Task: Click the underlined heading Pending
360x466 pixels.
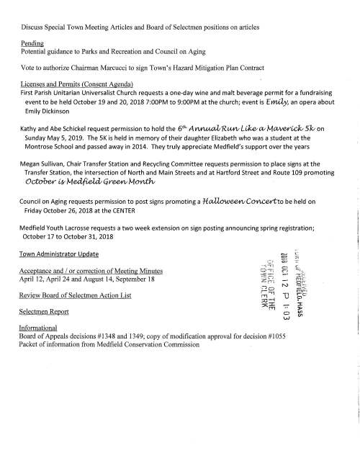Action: point(33,44)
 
